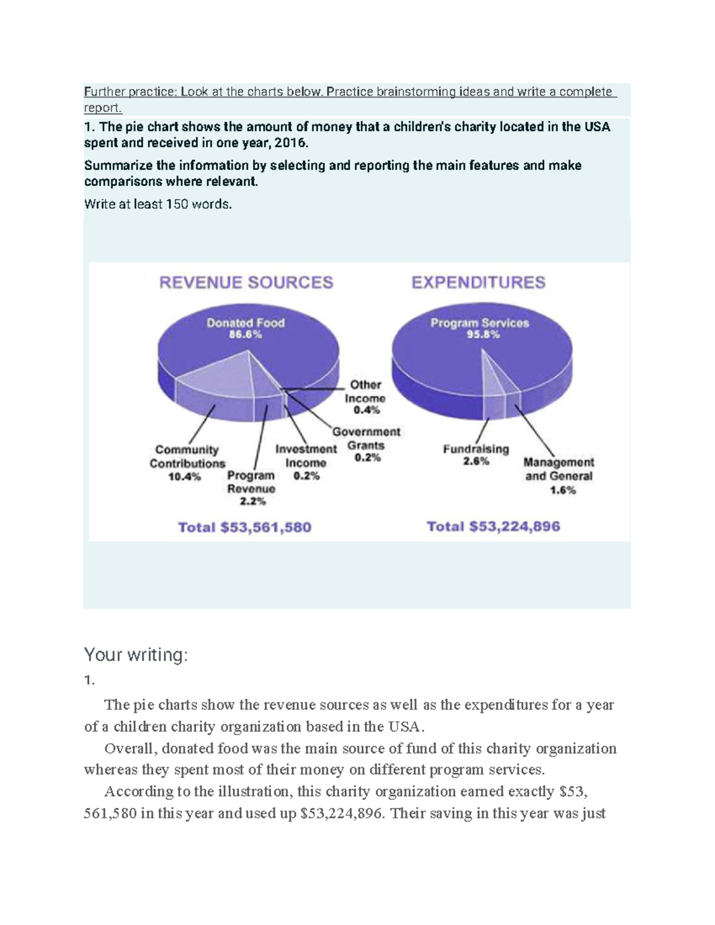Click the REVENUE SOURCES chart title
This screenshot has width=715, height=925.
point(246,282)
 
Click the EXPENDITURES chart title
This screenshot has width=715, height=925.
point(478,282)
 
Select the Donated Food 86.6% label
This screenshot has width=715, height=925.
point(245,328)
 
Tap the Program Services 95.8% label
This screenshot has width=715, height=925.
point(480,328)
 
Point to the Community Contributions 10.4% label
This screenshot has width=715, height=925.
point(186,463)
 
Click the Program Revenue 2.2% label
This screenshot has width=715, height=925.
point(251,488)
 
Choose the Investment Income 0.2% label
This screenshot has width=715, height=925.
point(306,462)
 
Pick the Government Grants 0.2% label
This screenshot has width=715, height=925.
point(366,444)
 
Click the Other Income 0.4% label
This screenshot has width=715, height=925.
point(365,397)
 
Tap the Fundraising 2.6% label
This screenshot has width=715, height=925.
point(475,454)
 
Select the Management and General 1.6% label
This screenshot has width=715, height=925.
point(559,476)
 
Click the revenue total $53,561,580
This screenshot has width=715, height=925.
point(245,527)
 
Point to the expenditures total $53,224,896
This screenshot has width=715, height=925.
point(493,527)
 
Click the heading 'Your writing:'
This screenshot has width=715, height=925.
point(136,655)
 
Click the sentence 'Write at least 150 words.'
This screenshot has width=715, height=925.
point(158,204)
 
